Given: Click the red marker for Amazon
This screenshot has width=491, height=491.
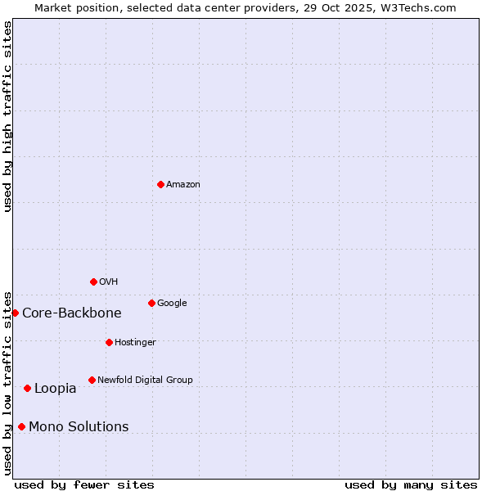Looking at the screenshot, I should (x=160, y=184).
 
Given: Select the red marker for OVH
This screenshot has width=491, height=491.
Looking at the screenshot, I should (x=93, y=282).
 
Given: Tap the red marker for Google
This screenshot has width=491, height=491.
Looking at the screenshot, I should (x=151, y=303).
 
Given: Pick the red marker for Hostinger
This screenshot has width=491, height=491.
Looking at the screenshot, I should (x=109, y=342).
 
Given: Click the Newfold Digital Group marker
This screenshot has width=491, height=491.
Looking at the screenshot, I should (x=92, y=380).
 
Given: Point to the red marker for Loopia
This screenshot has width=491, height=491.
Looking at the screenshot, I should (x=27, y=388).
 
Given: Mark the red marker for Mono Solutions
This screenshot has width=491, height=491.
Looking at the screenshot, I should (x=21, y=426).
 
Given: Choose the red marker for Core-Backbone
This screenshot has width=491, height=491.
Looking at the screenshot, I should (x=15, y=313).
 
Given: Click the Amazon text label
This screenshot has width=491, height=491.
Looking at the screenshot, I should (x=183, y=184).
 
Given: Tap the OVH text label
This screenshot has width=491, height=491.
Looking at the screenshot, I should (x=109, y=282).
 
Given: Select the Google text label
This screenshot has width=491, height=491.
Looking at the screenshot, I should (x=172, y=303).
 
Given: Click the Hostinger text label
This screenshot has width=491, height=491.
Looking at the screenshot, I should (x=135, y=342).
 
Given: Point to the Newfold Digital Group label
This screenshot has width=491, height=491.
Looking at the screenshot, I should (x=145, y=380).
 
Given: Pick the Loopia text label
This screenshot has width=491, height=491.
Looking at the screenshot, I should (x=55, y=389).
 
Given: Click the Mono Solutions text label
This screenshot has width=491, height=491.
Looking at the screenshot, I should (x=79, y=427).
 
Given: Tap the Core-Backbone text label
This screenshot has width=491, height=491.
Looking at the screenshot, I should (x=72, y=313).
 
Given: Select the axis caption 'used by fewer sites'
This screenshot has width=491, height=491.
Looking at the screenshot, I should (x=84, y=484).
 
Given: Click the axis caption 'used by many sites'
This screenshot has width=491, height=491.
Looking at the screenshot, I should (x=411, y=484).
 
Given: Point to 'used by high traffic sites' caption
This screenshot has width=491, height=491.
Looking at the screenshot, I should (x=7, y=116).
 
